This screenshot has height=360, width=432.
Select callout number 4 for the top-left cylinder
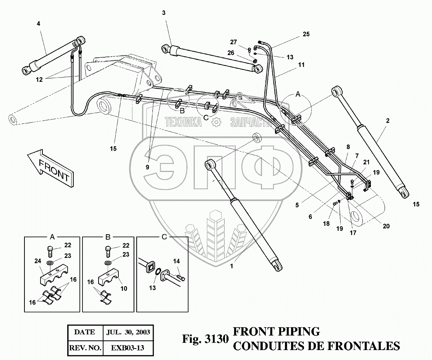[x=38, y=24]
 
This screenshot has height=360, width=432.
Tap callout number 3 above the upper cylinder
[x=163, y=13]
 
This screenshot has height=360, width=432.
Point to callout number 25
[x=306, y=34]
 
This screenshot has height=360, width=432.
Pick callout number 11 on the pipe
[x=301, y=65]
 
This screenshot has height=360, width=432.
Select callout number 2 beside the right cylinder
[x=387, y=121]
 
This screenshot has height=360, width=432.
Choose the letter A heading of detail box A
[x=53, y=237]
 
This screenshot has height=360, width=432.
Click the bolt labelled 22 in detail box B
[x=108, y=251]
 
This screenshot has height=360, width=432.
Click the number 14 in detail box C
[x=176, y=261]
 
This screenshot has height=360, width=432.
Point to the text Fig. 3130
[x=205, y=339]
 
